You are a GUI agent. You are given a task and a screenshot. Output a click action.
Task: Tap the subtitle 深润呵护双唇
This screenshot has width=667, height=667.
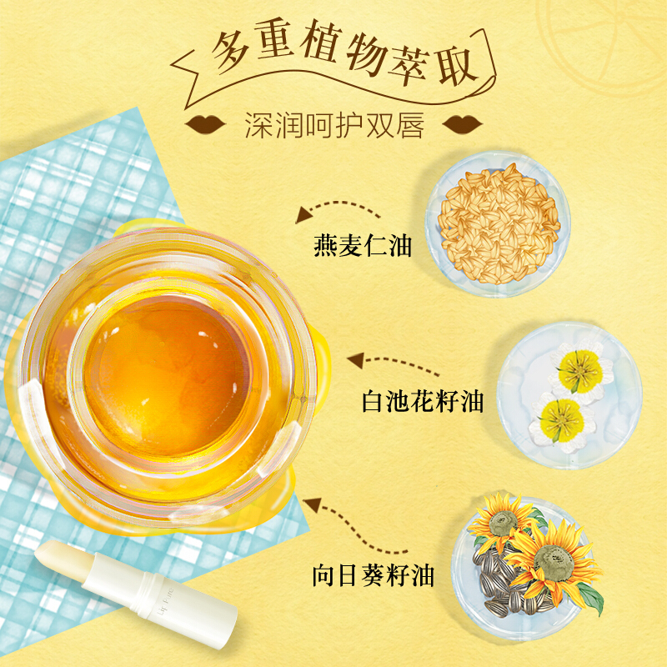click(334, 124)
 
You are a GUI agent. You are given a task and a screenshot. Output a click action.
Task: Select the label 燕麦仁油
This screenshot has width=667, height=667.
click(363, 246)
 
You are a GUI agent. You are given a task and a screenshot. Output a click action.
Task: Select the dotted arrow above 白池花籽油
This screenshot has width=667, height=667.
click(392, 364)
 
